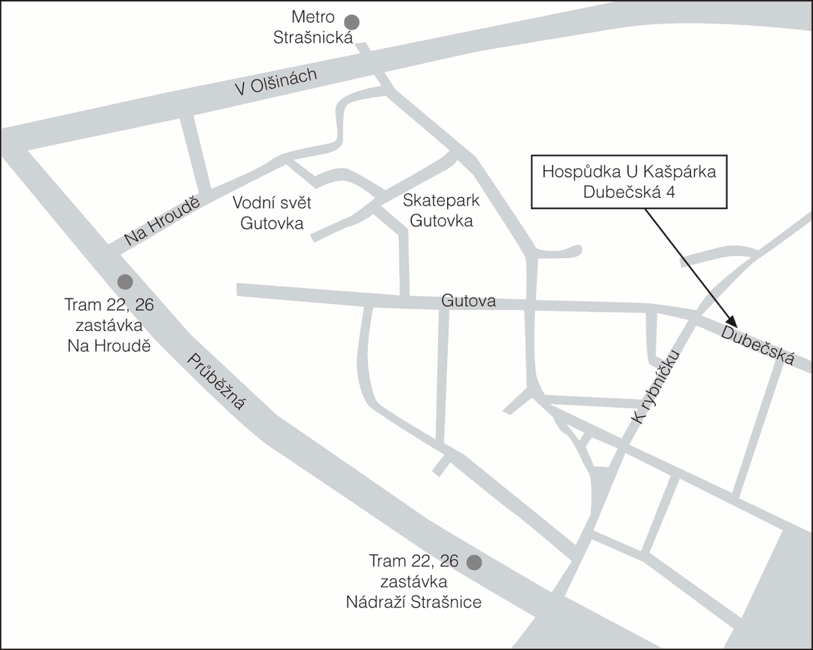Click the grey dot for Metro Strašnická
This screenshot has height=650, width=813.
[x=352, y=22]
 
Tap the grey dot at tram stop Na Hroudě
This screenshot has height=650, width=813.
[x=125, y=282]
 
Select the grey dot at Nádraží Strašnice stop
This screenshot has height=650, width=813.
[x=474, y=562]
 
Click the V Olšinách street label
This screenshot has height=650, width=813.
[x=277, y=81]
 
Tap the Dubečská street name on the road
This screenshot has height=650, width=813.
[x=757, y=345]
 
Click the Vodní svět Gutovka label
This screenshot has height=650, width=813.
[x=272, y=213]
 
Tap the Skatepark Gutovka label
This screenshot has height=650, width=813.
[x=441, y=211]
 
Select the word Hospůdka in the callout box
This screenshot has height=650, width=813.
[x=579, y=172]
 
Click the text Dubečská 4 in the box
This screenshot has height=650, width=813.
[x=628, y=192]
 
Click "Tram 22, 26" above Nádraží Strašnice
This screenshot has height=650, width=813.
[x=413, y=561]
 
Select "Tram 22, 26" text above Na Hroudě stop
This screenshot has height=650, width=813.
[x=110, y=305]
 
